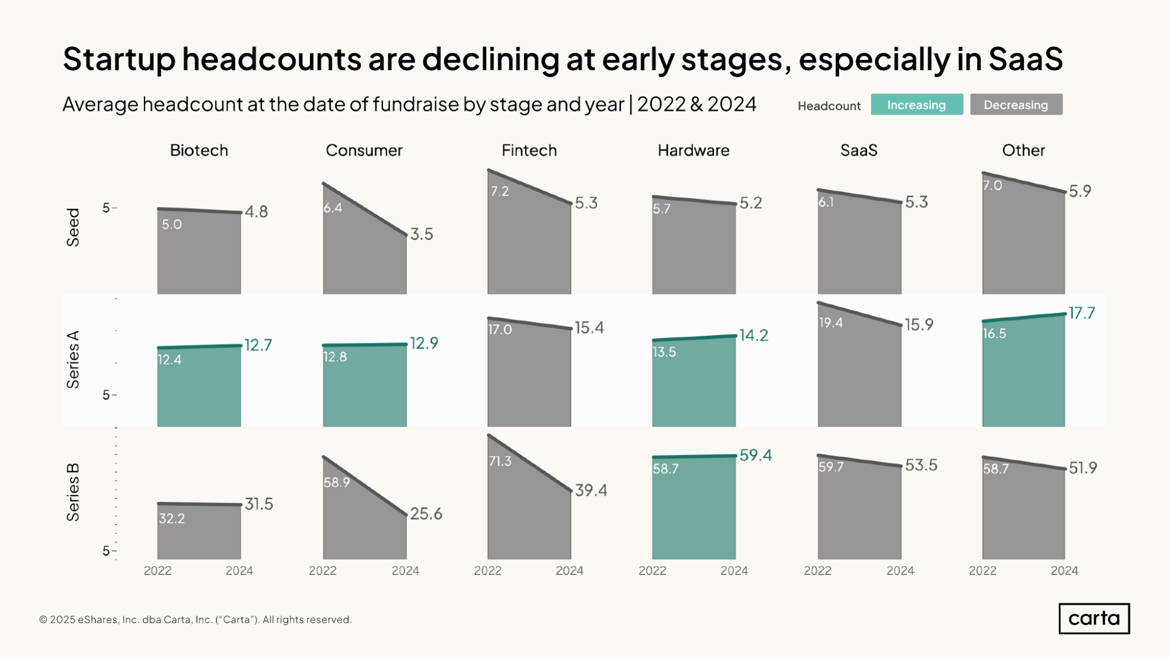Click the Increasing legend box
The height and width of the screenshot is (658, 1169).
(916, 105)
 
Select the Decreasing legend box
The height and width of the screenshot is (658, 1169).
(1016, 105)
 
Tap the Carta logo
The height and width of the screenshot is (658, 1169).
(1094, 618)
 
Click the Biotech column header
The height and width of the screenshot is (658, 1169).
(199, 150)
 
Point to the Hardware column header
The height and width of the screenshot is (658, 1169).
(694, 150)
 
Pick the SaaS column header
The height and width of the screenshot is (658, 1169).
(859, 150)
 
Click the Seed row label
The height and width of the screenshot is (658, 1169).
(73, 228)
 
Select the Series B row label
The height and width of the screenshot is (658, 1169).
(73, 492)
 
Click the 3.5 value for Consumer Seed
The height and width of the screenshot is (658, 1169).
(422, 234)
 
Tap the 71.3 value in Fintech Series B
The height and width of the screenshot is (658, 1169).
(500, 461)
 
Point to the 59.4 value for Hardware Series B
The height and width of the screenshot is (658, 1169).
(756, 455)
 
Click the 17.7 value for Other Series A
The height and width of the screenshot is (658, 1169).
(1082, 313)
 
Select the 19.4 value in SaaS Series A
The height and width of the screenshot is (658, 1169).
(830, 323)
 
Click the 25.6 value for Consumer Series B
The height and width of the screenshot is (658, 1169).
(426, 514)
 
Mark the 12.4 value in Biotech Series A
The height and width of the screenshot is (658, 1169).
(170, 360)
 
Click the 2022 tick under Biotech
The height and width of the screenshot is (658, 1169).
(157, 571)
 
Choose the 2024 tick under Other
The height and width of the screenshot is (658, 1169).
(1064, 571)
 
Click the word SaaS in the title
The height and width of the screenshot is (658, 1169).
(1026, 59)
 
